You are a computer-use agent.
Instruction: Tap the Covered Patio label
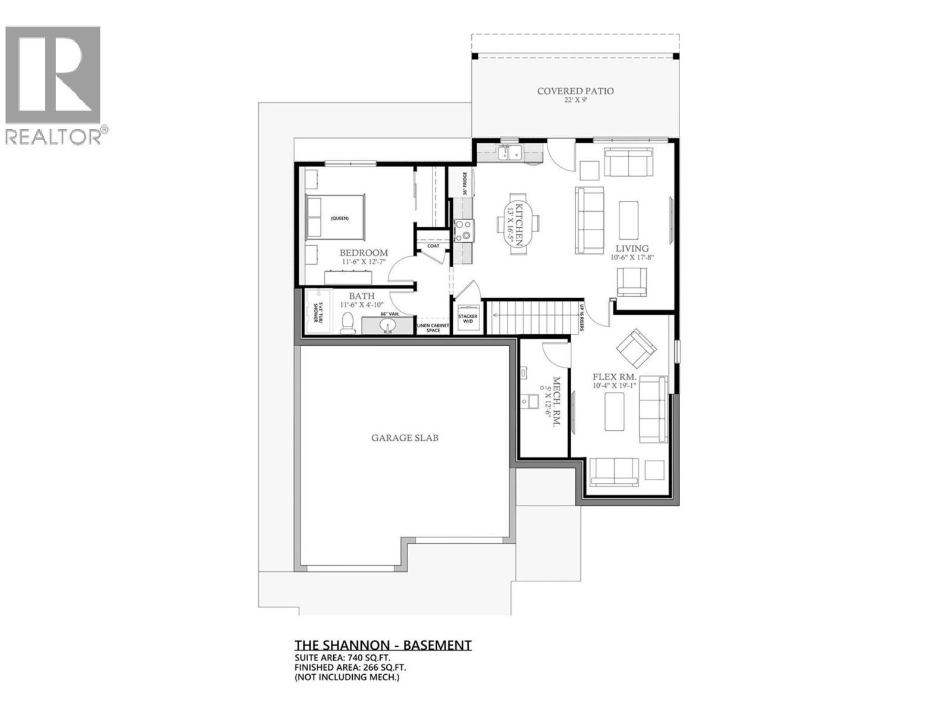click(x=575, y=91)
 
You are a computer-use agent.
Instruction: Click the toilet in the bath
click(x=348, y=324)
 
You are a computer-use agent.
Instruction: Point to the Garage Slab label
click(x=405, y=438)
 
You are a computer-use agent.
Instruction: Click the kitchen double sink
click(x=511, y=154)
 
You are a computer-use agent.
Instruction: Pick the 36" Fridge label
click(x=465, y=183)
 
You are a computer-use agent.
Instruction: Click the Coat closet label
click(x=433, y=246)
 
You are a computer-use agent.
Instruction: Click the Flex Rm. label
click(x=615, y=377)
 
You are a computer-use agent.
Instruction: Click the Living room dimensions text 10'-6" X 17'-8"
click(x=632, y=258)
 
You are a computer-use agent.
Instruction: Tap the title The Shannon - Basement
click(x=383, y=645)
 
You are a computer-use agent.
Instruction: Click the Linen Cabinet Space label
click(x=433, y=328)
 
